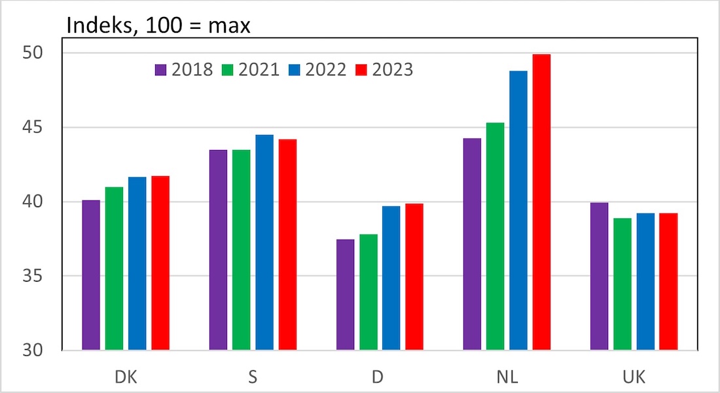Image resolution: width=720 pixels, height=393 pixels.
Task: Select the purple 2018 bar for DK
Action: click(91, 275)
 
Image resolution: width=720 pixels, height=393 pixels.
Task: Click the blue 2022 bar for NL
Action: click(518, 210)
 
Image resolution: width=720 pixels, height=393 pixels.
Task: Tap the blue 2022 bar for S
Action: click(264, 242)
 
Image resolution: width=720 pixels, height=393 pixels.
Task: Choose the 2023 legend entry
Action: click(384, 69)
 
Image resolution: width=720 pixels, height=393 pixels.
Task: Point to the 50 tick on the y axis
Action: click(41, 53)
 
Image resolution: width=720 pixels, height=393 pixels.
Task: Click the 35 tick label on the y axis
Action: click(41, 276)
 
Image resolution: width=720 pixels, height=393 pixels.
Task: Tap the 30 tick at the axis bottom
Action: click(41, 350)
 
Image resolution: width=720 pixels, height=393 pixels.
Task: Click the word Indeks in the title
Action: click(99, 26)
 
